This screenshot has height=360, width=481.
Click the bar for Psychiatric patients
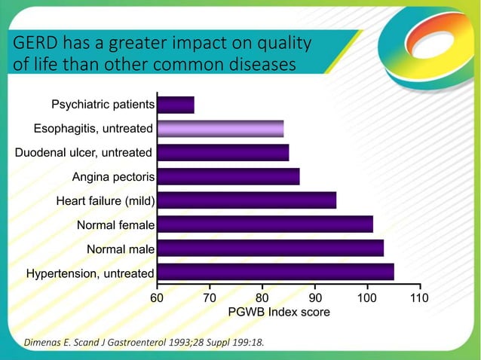point(175,105)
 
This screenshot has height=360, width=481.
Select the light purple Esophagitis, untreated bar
point(220,129)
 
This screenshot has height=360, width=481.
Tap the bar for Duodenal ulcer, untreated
point(222,153)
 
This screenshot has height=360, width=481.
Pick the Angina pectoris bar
point(228,177)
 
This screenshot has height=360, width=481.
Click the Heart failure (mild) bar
point(247,200)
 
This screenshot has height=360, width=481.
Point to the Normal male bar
point(270,249)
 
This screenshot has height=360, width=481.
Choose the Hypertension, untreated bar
point(275,272)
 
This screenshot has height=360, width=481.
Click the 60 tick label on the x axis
point(157,298)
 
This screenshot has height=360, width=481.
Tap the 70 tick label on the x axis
point(210,298)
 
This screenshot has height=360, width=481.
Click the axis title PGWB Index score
point(279,312)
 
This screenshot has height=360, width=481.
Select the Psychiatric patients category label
point(103,104)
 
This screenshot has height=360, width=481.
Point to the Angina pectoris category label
point(113,177)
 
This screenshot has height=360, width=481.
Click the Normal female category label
point(115,224)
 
